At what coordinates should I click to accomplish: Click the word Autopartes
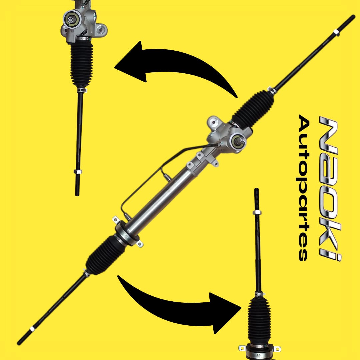click(x=304, y=188)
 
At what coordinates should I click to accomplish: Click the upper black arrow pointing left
click(x=174, y=67)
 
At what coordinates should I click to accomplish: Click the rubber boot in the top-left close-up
click(x=82, y=64)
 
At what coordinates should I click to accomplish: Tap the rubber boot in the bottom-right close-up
click(x=259, y=320)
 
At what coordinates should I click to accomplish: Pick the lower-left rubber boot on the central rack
click(x=106, y=255)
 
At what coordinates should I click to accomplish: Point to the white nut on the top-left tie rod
click(x=78, y=172)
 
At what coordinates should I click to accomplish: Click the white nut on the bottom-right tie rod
click(x=257, y=212)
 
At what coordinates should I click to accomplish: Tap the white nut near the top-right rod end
click(x=336, y=32)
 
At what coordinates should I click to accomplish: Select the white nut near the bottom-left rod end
click(x=32, y=329)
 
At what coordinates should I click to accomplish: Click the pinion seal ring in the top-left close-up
click(x=70, y=20)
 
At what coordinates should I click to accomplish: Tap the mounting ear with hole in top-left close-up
click(x=101, y=29)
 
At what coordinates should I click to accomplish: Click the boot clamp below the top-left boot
click(x=82, y=90)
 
